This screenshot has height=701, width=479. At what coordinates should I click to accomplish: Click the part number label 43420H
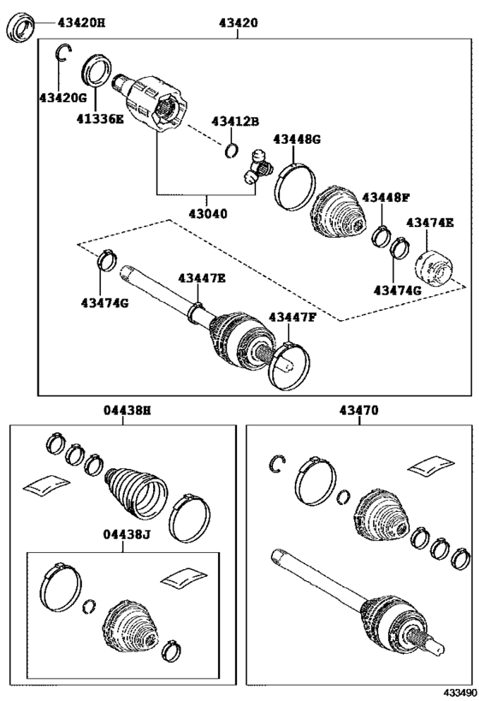pyautogui.click(x=81, y=22)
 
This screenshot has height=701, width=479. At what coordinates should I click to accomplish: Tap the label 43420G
pyautogui.click(x=62, y=98)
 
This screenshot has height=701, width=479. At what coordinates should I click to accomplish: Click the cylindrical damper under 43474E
pyautogui.click(x=432, y=269)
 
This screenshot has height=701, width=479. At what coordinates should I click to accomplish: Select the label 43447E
pyautogui.click(x=202, y=278)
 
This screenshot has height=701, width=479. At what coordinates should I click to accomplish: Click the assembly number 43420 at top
pyautogui.click(x=239, y=22)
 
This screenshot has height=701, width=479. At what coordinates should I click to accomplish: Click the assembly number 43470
pyautogui.click(x=359, y=410)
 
